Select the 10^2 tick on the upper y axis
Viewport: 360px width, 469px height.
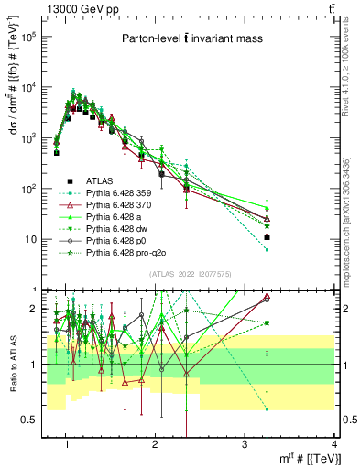(30, 189)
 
